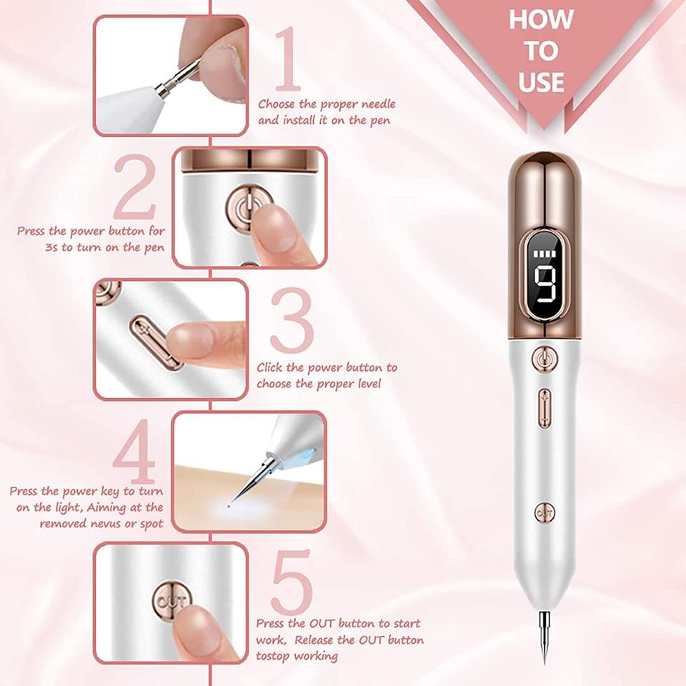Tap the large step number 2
point(134,187)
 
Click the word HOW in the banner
point(542,19)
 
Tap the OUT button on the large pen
point(545,512)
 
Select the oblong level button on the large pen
point(545,408)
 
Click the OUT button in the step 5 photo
point(171,602)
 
